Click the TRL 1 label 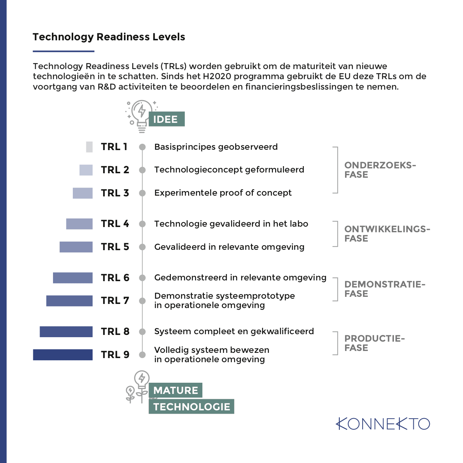click(114, 147)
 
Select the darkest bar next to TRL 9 click(63, 355)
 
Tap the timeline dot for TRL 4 click(142, 224)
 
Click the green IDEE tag click(166, 119)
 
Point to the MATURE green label click(175, 390)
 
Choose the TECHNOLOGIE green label click(192, 407)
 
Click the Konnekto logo click(383, 424)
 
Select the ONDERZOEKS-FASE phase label click(380, 170)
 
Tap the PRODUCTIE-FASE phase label click(374, 343)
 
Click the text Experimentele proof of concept click(223, 193)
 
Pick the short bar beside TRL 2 click(86, 170)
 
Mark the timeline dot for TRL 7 click(142, 301)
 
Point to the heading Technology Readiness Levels click(109, 37)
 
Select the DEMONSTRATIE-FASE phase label click(385, 289)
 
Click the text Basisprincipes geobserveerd click(216, 147)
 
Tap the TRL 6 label click(115, 278)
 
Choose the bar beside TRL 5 click(76, 247)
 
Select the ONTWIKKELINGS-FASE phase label click(387, 234)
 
